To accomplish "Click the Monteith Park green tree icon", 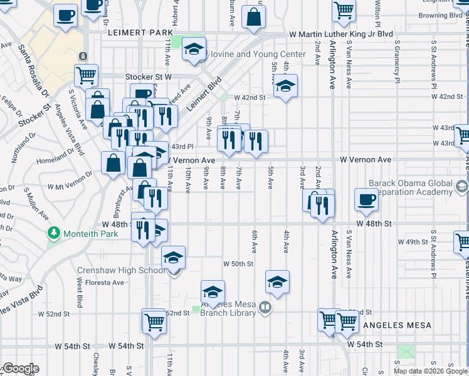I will click(55, 234).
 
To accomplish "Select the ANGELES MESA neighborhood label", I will click(398, 325).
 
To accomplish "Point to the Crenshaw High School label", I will click(122, 271).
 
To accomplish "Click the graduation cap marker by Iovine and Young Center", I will click(194, 50).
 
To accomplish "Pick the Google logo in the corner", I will click(21, 368).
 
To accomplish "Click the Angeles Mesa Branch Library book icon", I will click(265, 308).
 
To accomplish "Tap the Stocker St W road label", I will click(148, 76).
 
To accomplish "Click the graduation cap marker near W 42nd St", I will click(285, 86).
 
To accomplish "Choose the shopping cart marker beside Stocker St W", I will click(86, 76).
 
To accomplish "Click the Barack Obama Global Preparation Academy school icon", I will click(462, 187).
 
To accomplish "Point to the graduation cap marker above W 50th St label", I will click(277, 282).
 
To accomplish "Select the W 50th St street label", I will click(239, 264).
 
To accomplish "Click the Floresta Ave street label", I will click(100, 283).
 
